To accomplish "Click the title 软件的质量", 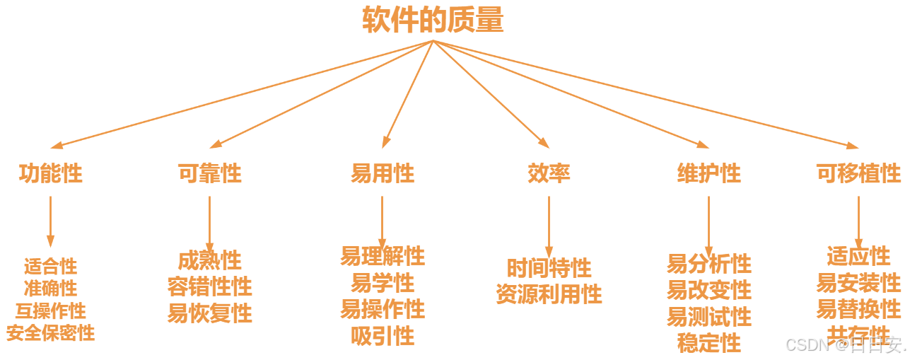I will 433,21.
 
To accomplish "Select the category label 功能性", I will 50,173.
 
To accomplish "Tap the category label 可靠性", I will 209,173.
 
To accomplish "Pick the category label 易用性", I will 383,173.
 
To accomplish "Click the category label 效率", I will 549,173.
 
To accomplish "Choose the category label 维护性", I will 708,173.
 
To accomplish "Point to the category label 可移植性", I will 858,173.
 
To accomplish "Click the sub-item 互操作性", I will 50,310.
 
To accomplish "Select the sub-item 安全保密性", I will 50,332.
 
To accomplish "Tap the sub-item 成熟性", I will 209,260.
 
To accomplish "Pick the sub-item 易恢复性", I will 209,313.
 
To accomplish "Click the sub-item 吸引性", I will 383,335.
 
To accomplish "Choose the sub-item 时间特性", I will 549,268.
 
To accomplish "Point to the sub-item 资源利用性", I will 549,294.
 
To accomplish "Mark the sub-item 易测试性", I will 708,317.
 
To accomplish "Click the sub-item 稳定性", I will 708,343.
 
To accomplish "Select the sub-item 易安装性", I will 858,283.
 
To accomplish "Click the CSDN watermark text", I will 845,345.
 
